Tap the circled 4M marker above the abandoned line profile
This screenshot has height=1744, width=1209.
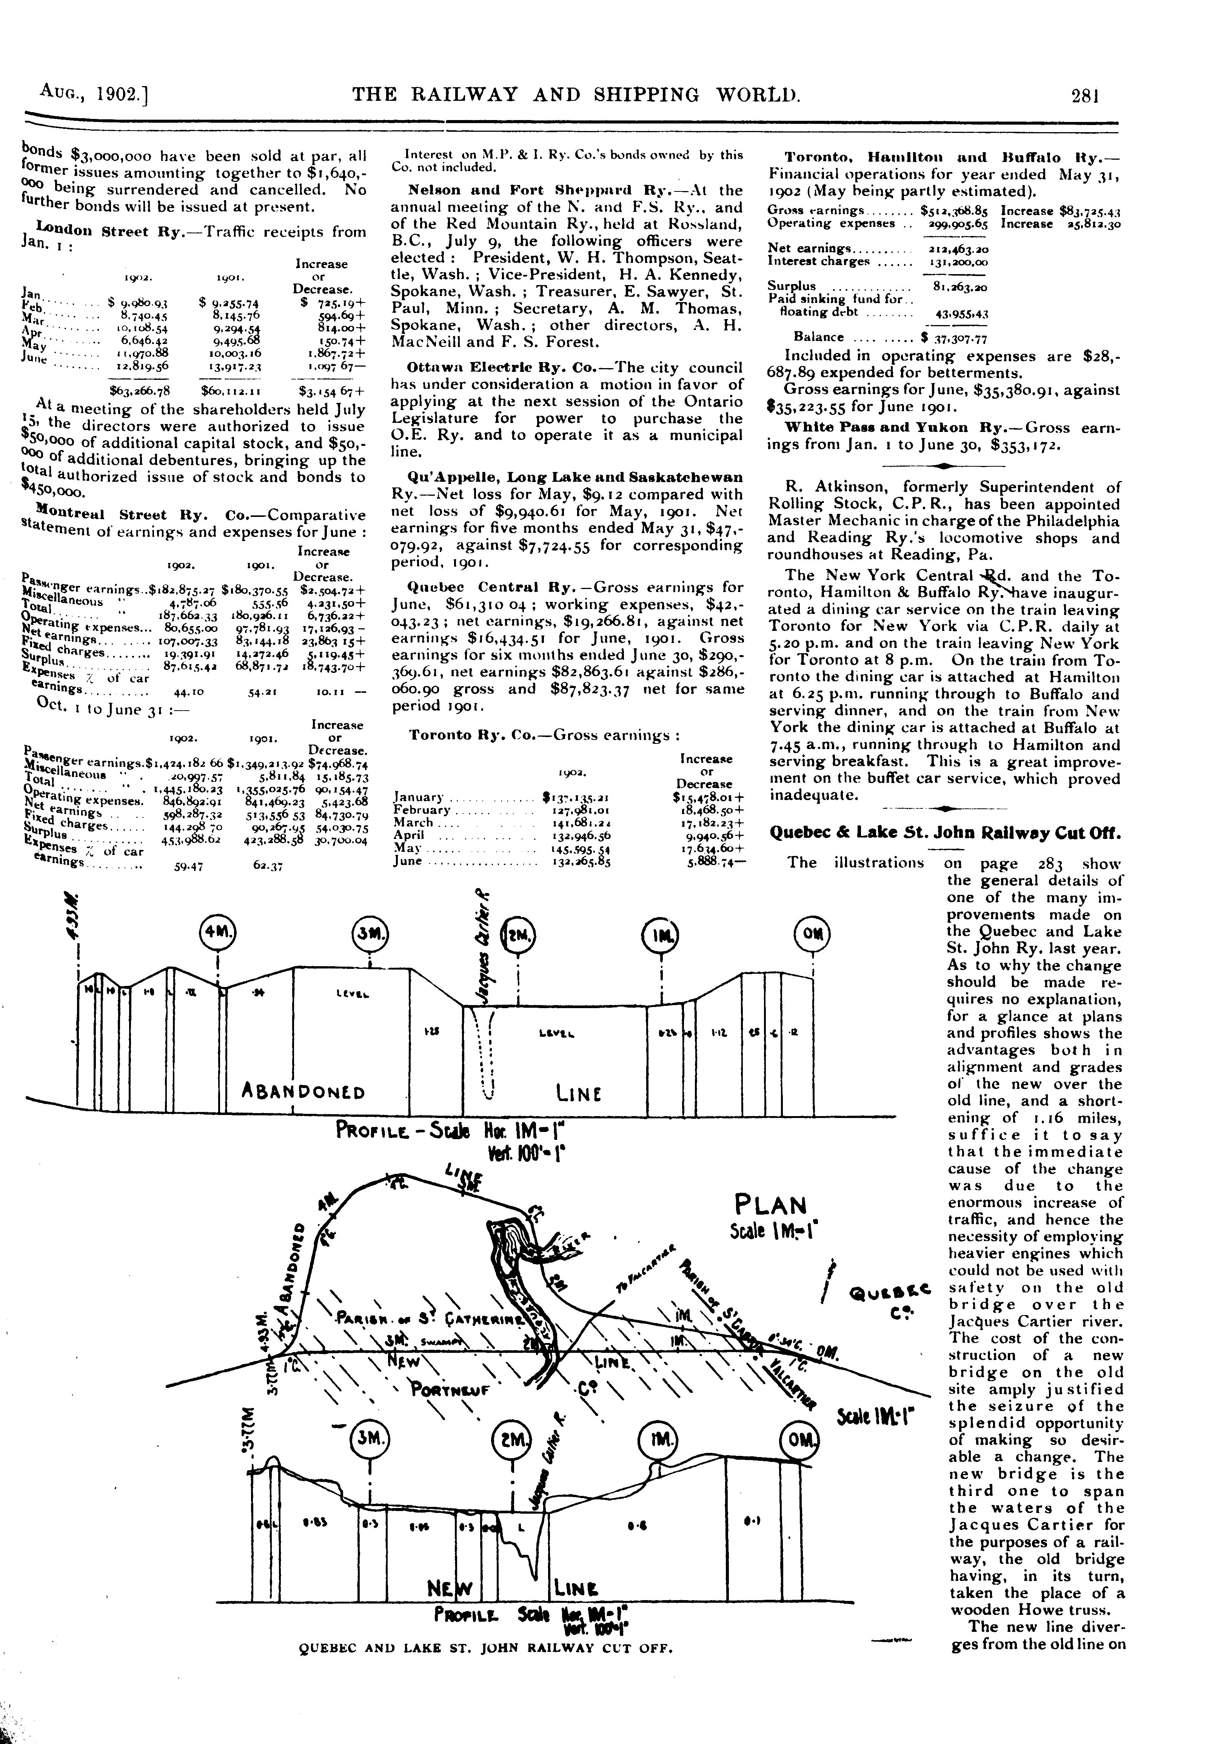click(217, 931)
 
